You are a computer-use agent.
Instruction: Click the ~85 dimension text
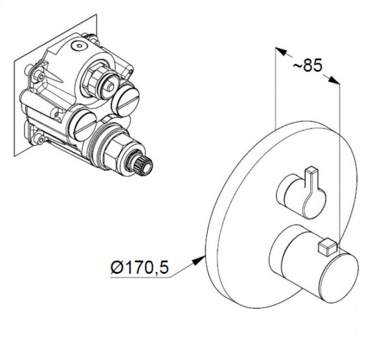point(307,65)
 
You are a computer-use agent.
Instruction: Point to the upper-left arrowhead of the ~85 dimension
point(281,51)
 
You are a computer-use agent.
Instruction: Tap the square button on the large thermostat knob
point(327,247)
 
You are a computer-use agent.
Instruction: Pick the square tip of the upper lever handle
point(311,170)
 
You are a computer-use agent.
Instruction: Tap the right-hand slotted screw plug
point(126,100)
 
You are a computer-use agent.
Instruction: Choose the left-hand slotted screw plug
point(83,125)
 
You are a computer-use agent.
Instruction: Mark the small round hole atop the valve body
point(78,46)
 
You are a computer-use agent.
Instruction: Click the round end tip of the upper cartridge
point(111,87)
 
